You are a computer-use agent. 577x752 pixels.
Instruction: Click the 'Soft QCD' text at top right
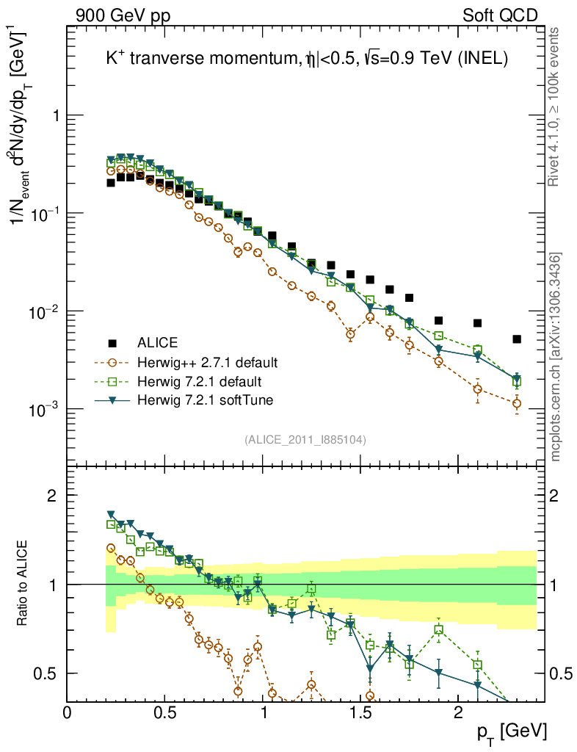click(x=500, y=15)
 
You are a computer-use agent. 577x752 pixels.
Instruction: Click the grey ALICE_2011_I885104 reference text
click(x=305, y=439)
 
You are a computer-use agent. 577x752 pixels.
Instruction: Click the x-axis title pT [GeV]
click(x=512, y=731)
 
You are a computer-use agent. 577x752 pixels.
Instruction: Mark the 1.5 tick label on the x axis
click(x=360, y=712)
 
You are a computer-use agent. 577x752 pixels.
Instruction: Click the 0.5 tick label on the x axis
click(x=165, y=712)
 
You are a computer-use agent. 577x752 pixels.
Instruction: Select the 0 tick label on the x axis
click(x=68, y=712)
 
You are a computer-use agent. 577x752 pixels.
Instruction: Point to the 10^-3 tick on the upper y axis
click(x=45, y=409)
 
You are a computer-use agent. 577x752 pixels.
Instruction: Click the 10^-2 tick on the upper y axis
click(x=45, y=311)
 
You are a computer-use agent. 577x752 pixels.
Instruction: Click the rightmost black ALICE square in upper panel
click(x=517, y=339)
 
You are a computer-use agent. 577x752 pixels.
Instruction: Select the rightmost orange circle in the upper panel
click(x=517, y=403)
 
